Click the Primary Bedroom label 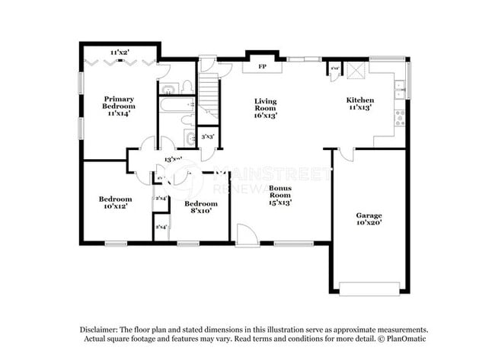pyautogui.click(x=119, y=103)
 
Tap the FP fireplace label pyautogui.click(x=262, y=66)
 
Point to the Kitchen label pyautogui.click(x=360, y=104)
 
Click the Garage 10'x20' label pyautogui.click(x=369, y=219)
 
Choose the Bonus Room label pyautogui.click(x=279, y=195)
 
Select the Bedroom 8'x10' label pyautogui.click(x=202, y=207)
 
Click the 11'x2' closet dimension pyautogui.click(x=119, y=53)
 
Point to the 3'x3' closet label pyautogui.click(x=206, y=137)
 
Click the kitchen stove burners pyautogui.click(x=400, y=117)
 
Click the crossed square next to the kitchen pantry pyautogui.click(x=354, y=71)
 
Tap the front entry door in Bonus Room pyautogui.click(x=246, y=233)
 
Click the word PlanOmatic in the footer pyautogui.click(x=396, y=338)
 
